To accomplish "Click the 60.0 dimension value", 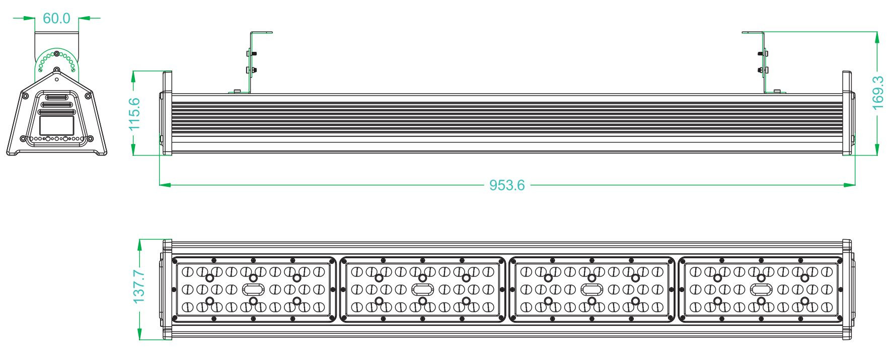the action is (x=56, y=18).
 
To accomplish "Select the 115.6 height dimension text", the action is (x=134, y=114).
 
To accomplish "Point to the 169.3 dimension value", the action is (x=877, y=93).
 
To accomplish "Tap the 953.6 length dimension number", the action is (x=507, y=185).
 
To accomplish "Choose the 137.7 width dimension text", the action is (x=139, y=286).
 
